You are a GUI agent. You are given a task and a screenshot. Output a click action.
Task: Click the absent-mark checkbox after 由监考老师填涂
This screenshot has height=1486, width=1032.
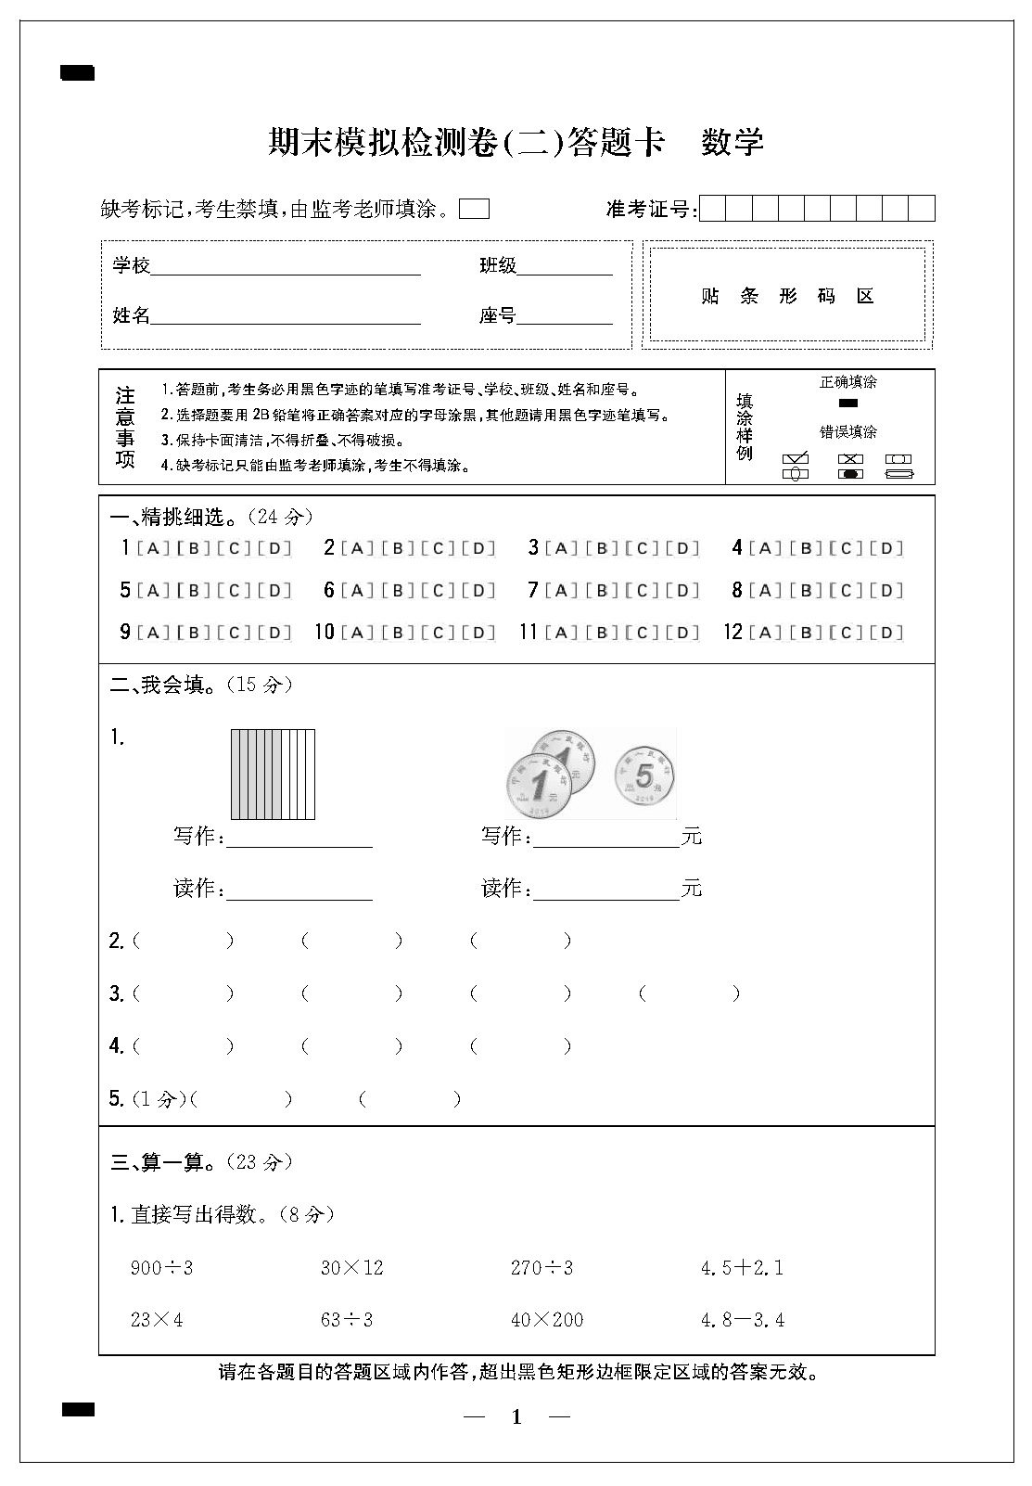(x=474, y=209)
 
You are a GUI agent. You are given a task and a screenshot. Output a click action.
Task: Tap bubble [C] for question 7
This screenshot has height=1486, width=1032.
(x=642, y=590)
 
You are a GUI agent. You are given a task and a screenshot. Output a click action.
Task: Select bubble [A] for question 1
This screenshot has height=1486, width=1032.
(x=153, y=548)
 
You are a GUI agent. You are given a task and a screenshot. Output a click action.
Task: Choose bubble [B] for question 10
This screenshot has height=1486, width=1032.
(x=398, y=633)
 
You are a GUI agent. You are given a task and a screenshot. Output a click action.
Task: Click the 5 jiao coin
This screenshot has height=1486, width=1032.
(x=645, y=775)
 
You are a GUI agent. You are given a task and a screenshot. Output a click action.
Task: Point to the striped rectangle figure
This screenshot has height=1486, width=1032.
(x=273, y=775)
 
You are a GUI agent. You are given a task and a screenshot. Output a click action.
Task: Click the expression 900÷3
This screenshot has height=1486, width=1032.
(x=161, y=1267)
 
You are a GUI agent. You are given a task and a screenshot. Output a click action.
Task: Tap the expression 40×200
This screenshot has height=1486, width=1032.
(x=547, y=1319)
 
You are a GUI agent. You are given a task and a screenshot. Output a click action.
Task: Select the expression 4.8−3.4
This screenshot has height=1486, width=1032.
(x=743, y=1319)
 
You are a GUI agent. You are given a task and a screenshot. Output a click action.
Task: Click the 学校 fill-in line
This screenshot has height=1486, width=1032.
(x=286, y=267)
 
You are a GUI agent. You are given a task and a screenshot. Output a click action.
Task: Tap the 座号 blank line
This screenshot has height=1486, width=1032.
(x=565, y=317)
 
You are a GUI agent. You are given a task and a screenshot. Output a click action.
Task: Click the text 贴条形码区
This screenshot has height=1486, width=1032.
(x=787, y=296)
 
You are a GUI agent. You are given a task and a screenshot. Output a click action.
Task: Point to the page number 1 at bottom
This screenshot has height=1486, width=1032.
(x=516, y=1416)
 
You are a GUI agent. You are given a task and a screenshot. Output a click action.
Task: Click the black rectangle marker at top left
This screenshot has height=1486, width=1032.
(x=78, y=73)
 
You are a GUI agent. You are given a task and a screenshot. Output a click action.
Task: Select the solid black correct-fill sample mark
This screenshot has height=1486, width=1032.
(x=847, y=403)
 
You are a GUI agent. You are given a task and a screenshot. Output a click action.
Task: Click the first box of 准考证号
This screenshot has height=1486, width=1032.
(x=712, y=209)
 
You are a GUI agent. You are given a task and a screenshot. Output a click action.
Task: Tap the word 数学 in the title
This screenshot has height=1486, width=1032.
(x=733, y=142)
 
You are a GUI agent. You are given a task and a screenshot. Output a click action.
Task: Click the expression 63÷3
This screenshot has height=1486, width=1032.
(x=347, y=1319)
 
